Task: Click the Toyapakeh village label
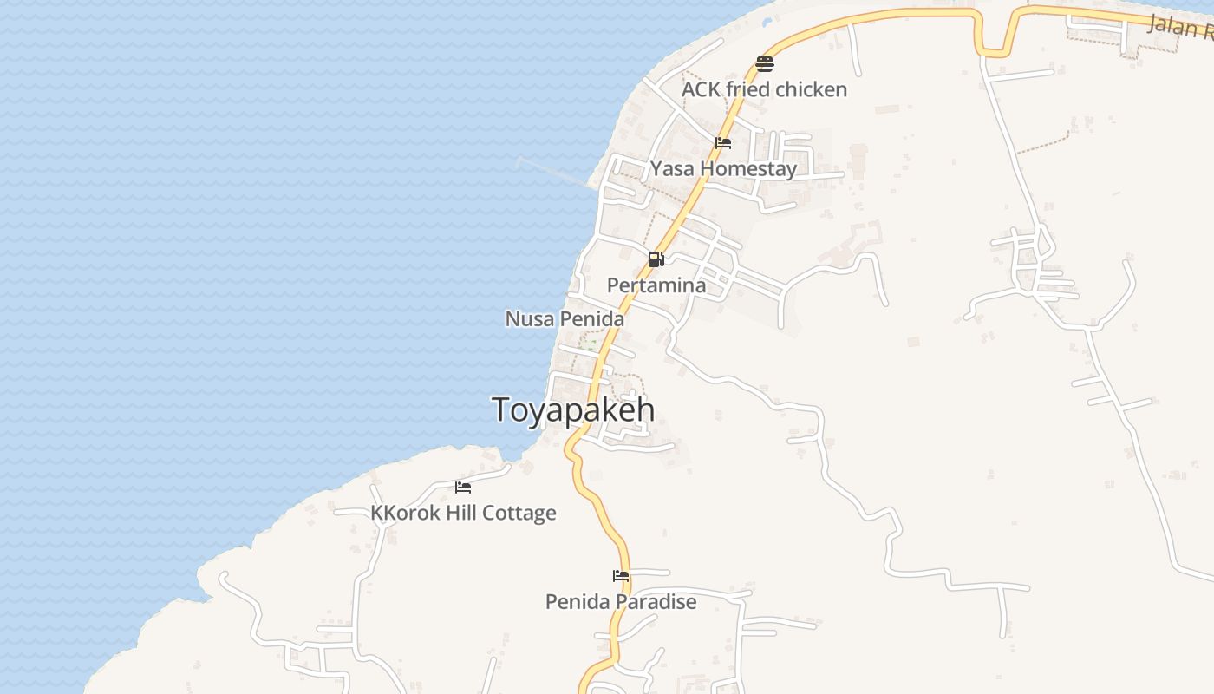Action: (573, 409)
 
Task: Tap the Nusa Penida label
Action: (565, 319)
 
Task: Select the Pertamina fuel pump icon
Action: (656, 259)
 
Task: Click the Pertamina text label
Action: (656, 285)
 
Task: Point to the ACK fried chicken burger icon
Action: (764, 63)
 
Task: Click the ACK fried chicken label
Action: (764, 89)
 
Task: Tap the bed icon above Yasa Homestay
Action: (723, 143)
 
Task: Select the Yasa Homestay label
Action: (723, 169)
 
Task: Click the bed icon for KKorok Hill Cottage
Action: (463, 488)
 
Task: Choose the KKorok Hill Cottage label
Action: (463, 513)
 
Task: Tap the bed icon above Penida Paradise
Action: (620, 575)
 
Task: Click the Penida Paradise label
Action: (620, 601)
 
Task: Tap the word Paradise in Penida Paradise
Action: (656, 601)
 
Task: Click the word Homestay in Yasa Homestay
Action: (748, 169)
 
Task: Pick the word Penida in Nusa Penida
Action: (591, 319)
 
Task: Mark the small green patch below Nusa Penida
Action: (589, 344)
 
